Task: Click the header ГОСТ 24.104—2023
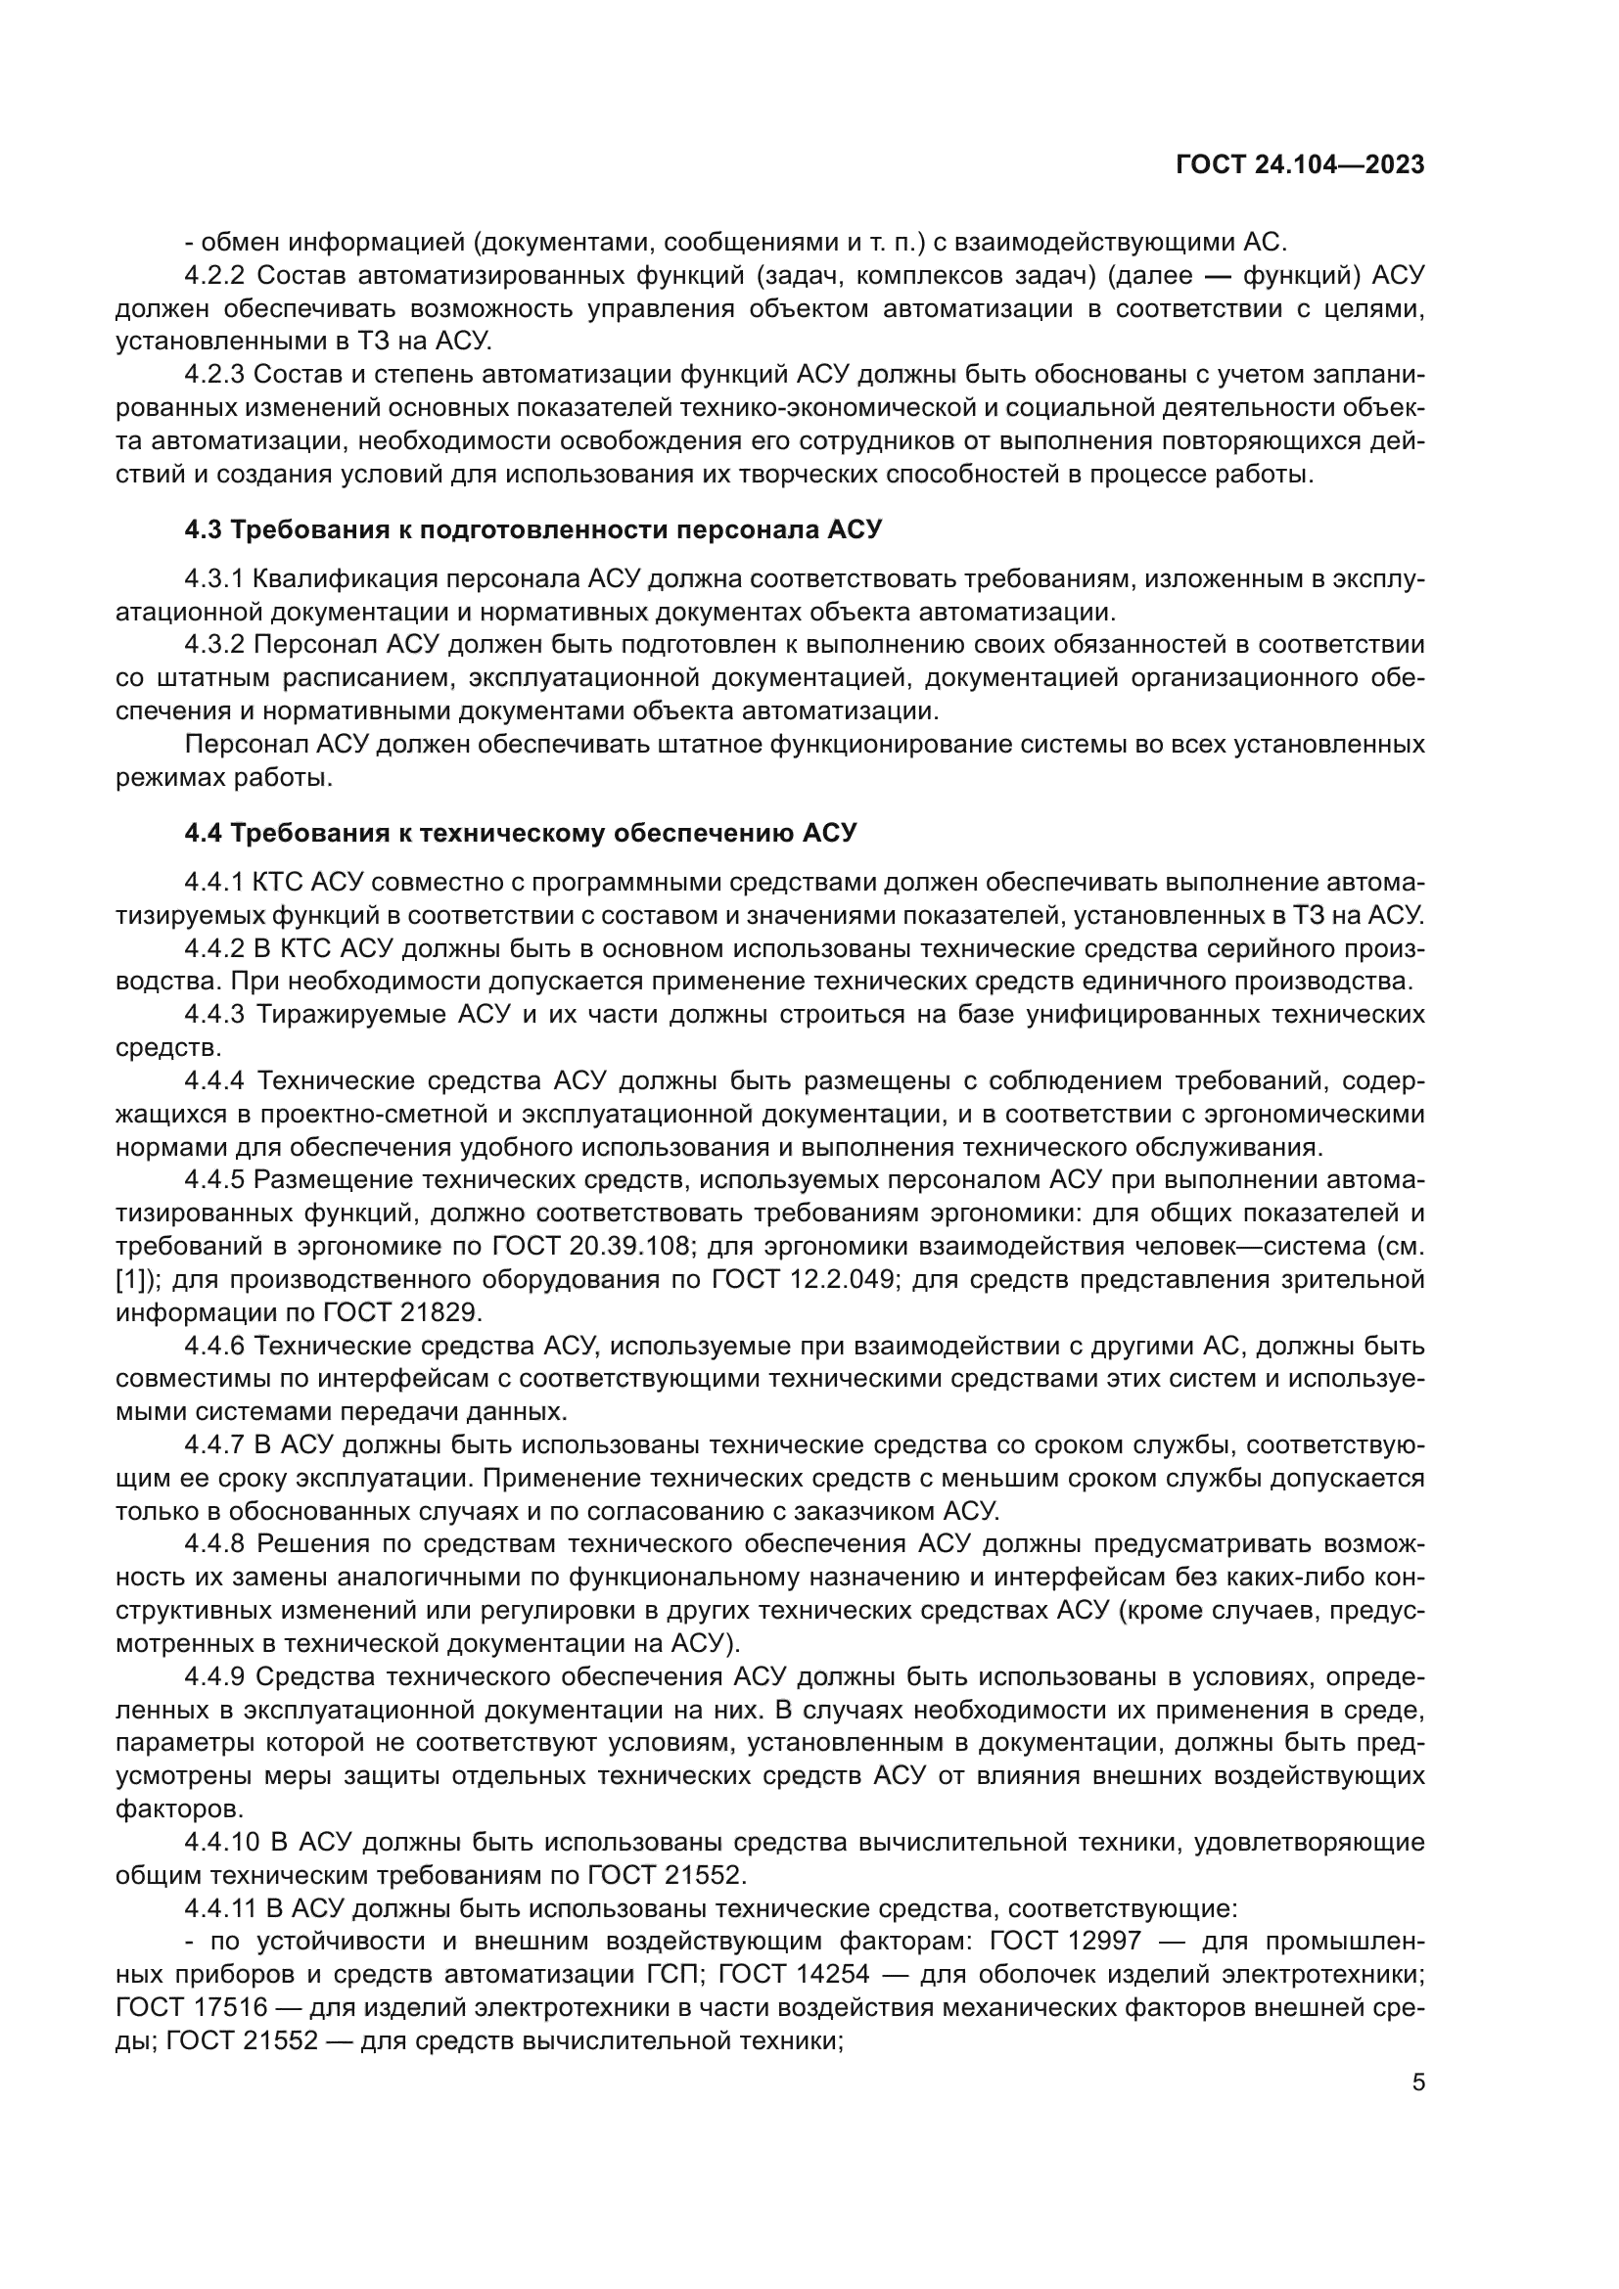tap(1300, 165)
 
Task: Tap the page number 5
tap(1418, 2082)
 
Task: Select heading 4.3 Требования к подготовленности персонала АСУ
tap(533, 529)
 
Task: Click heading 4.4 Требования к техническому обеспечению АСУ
tap(521, 833)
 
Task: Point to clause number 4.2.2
tap(214, 276)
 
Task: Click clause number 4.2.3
tap(214, 375)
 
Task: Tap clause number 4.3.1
tap(213, 578)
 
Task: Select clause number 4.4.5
tap(214, 1180)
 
